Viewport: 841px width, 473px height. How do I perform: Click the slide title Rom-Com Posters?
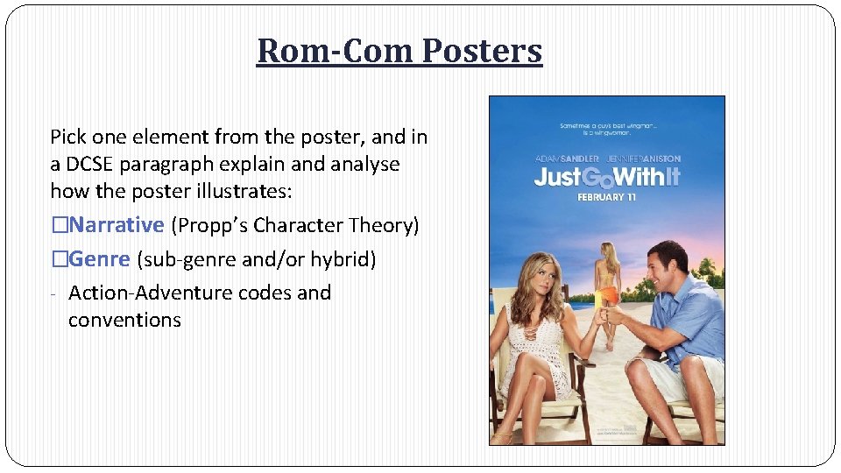pos(399,51)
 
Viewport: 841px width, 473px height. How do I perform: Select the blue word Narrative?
pos(117,225)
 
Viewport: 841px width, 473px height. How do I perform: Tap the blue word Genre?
pos(100,259)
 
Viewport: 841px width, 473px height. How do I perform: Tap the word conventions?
pos(124,320)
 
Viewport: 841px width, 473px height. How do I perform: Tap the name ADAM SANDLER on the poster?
pos(567,159)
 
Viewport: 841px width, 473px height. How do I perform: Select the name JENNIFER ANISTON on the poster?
pos(643,159)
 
